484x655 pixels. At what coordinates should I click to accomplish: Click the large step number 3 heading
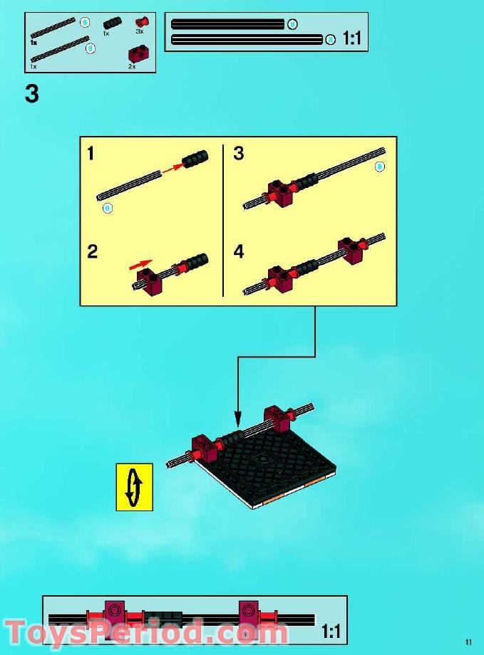point(31,94)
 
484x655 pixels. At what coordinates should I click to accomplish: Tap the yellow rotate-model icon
point(134,487)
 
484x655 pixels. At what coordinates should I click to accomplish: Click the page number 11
point(468,641)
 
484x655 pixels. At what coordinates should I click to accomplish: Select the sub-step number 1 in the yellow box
point(91,153)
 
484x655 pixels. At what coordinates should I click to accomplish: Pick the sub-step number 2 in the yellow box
point(92,251)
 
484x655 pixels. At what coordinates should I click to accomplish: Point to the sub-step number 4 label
point(239,251)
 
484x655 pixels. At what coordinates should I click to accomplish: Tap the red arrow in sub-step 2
point(141,264)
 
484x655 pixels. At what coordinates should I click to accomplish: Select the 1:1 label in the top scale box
point(351,39)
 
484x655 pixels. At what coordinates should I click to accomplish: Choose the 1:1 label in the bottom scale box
point(330,631)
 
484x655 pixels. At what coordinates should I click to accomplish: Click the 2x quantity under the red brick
point(132,65)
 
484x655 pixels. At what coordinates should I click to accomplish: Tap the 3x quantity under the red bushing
point(140,32)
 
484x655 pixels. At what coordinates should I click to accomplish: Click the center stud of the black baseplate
point(264,461)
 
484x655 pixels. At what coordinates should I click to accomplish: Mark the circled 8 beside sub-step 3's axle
point(379,166)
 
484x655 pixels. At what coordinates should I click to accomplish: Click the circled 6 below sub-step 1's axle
point(108,207)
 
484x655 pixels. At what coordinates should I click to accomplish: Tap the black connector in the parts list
point(112,23)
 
